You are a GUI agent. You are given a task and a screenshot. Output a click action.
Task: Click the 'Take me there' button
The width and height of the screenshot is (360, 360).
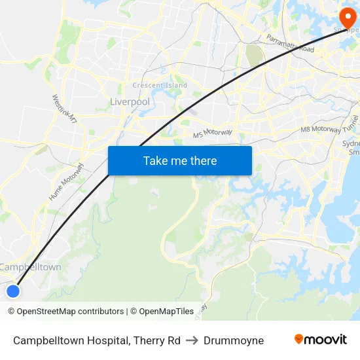180,160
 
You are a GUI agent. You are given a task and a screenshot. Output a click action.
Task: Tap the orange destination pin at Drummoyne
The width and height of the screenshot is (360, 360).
343,16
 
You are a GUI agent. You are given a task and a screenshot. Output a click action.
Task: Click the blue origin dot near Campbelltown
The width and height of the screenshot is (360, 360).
13,291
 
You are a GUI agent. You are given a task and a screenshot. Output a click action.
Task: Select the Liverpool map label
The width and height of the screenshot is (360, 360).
130,102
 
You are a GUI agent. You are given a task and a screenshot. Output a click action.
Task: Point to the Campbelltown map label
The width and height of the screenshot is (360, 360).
31,267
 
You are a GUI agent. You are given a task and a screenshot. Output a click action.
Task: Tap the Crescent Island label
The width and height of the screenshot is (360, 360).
160,85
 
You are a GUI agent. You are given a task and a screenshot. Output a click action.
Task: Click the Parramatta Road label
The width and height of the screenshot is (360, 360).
290,44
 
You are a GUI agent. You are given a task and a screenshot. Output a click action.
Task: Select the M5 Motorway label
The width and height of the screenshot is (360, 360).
213,133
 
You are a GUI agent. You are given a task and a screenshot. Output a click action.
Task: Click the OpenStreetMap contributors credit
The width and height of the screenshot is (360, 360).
70,312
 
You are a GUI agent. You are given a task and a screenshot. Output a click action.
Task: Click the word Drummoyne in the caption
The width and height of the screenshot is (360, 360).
234,340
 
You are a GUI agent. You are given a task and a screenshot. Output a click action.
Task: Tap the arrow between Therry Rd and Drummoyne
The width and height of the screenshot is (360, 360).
192,340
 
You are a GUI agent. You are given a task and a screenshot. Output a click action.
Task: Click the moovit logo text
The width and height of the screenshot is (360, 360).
325,340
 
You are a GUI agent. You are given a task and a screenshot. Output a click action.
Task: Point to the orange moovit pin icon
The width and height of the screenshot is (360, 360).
299,339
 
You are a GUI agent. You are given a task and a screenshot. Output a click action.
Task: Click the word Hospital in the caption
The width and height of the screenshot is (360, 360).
108,340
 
